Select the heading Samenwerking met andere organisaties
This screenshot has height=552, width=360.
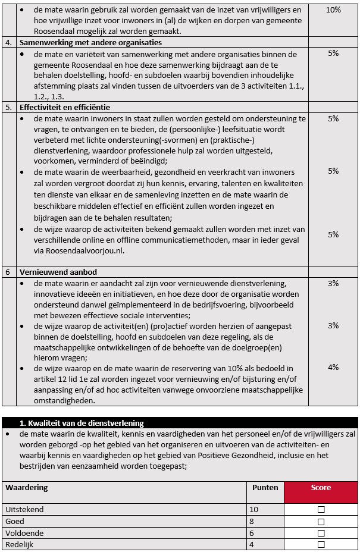click(90, 43)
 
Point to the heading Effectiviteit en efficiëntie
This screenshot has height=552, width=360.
click(65, 108)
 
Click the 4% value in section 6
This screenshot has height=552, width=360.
click(333, 368)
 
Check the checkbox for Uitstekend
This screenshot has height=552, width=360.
click(321, 510)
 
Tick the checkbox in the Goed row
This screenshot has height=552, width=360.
click(321, 522)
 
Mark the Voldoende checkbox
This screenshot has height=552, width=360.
click(321, 534)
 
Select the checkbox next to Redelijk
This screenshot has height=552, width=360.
click(321, 545)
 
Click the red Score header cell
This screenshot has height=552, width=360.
click(321, 488)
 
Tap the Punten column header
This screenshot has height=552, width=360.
click(265, 488)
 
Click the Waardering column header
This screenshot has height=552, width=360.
click(27, 488)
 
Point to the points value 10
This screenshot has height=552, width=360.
click(254, 510)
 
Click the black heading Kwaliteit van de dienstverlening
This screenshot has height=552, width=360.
click(82, 423)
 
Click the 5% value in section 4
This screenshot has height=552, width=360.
click(333, 54)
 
